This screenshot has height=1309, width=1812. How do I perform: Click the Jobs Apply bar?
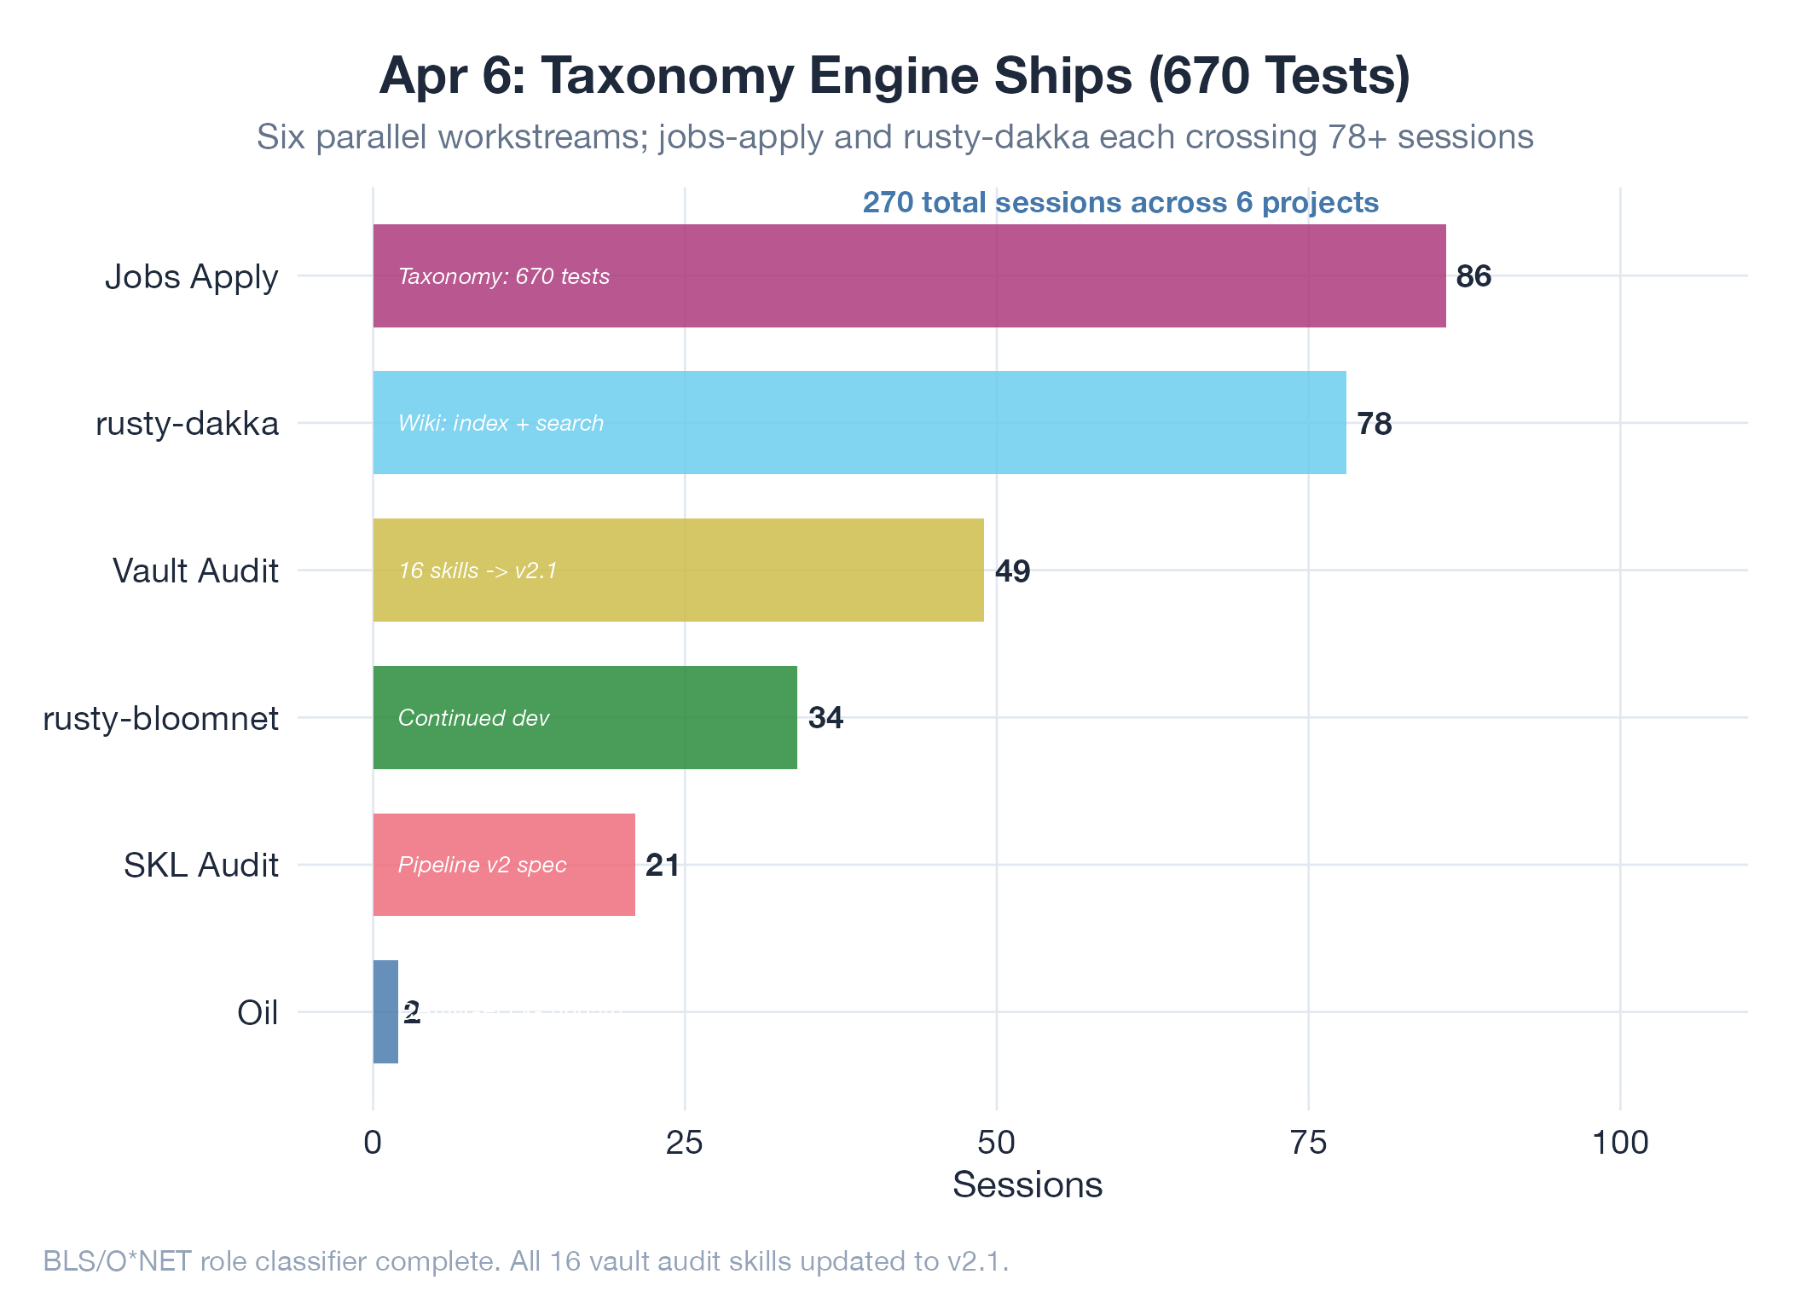click(909, 275)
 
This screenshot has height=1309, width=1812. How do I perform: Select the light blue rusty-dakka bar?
click(860, 423)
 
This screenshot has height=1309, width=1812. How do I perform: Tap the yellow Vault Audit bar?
click(678, 570)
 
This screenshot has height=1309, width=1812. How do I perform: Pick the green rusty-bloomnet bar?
click(585, 717)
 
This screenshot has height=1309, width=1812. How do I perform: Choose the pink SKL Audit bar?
click(504, 865)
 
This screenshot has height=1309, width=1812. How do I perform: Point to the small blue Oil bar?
click(385, 1012)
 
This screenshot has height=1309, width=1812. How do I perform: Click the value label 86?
click(1473, 276)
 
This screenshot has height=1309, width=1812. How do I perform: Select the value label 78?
click(1374, 424)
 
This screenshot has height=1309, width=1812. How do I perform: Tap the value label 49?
click(1012, 571)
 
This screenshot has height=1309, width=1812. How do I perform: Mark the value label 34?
click(825, 718)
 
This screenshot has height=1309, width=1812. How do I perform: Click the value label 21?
click(663, 866)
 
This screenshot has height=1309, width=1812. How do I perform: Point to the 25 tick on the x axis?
click(684, 1143)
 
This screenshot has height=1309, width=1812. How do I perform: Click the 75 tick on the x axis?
click(1308, 1143)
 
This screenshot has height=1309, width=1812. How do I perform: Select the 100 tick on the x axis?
click(1620, 1143)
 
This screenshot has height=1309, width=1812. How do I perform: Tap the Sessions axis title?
click(1027, 1185)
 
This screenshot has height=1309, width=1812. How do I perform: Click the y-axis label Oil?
click(258, 1013)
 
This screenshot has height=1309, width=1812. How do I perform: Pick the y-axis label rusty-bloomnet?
click(160, 719)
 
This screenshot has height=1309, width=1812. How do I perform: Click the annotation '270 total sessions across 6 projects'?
click(1120, 202)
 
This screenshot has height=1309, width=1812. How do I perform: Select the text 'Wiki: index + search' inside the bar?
click(501, 423)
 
